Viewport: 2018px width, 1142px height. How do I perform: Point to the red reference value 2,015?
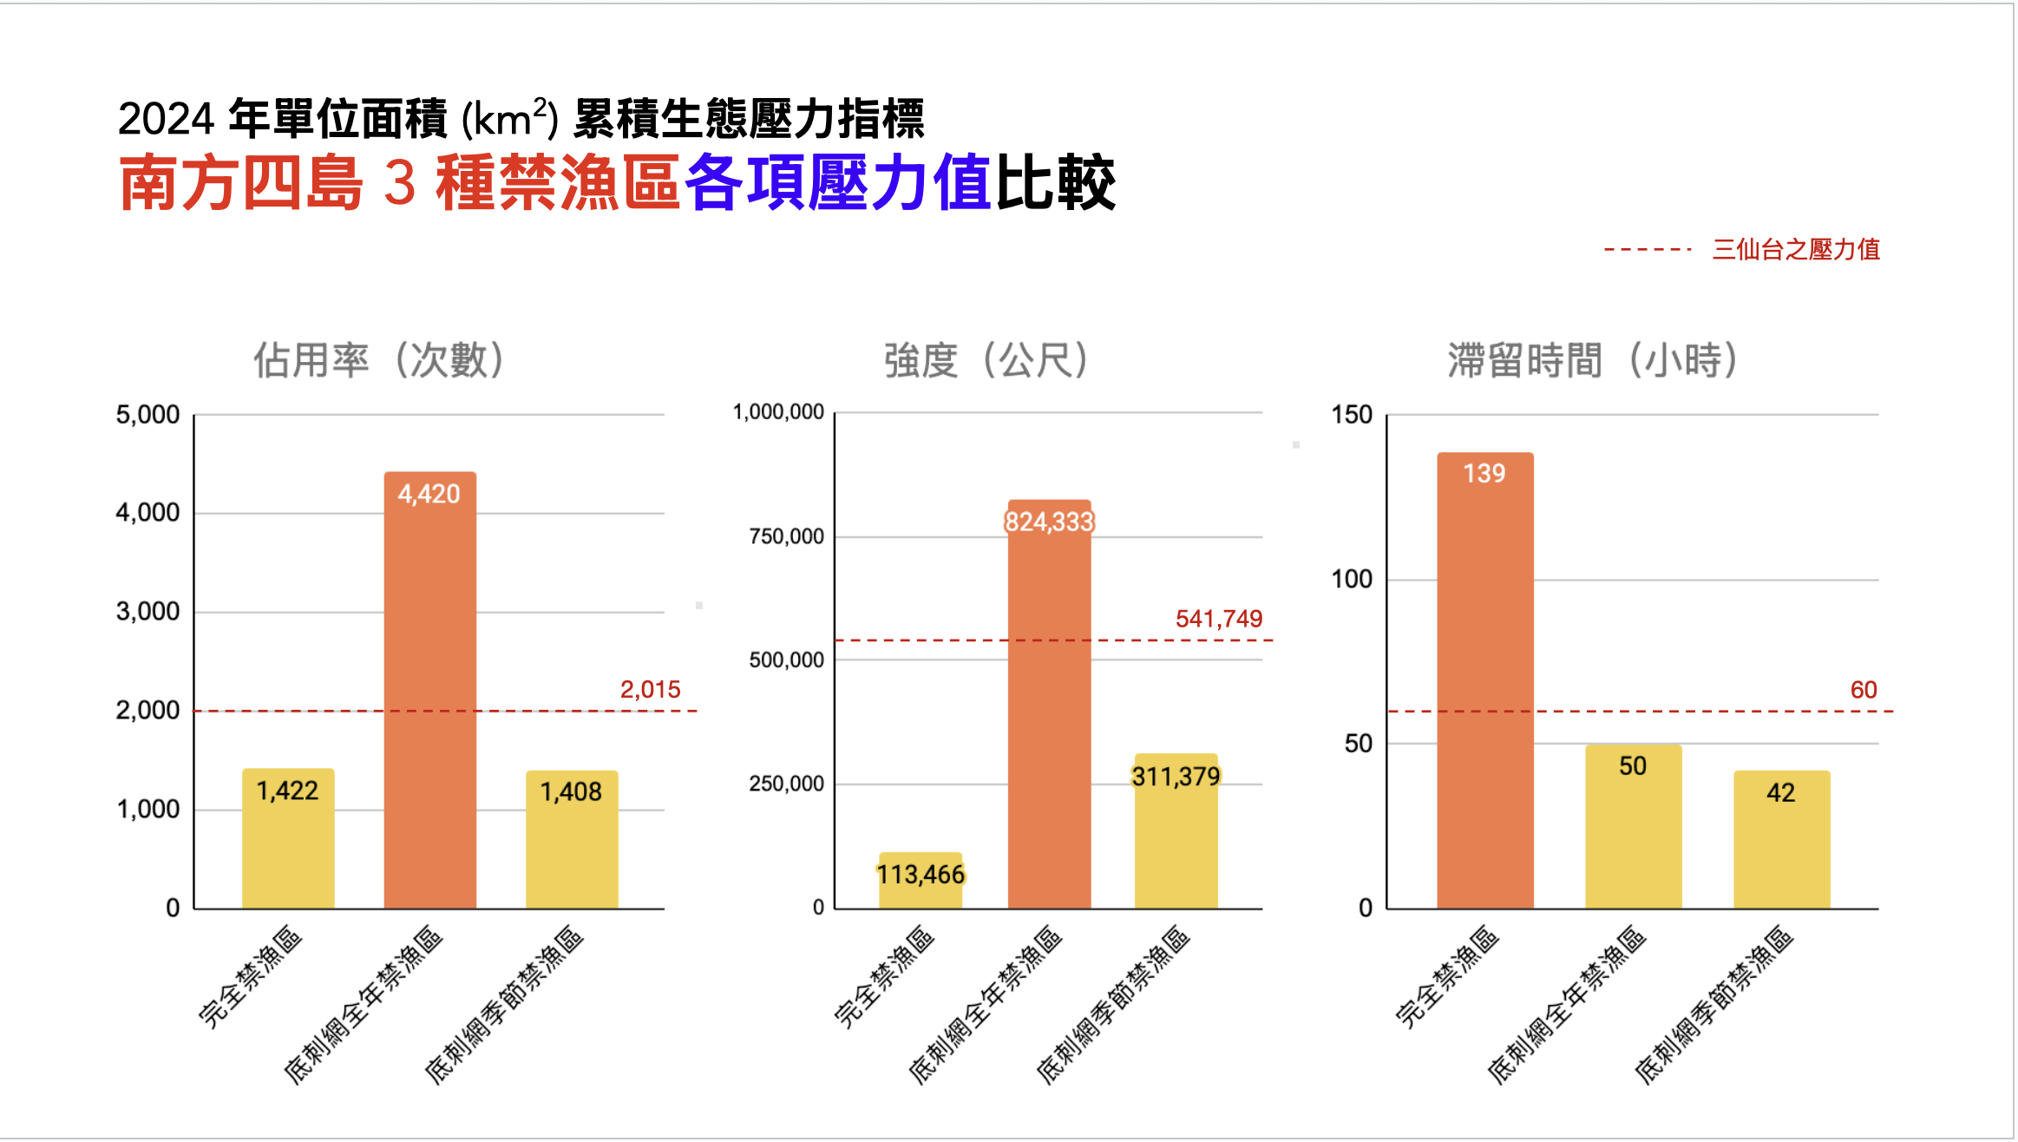(650, 690)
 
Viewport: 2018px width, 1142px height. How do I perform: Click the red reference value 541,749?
(1218, 619)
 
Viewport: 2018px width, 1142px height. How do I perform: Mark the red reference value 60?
(1863, 690)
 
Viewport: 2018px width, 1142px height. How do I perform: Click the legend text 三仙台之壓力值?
(1795, 250)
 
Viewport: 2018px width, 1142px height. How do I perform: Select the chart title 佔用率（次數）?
(379, 360)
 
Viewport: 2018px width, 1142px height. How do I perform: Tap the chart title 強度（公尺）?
(986, 360)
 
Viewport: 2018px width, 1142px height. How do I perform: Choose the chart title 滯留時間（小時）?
(1593, 360)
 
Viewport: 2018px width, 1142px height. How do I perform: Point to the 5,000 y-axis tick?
(147, 415)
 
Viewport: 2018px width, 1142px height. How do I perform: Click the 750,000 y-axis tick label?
(786, 536)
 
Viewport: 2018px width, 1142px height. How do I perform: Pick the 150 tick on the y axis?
(1351, 415)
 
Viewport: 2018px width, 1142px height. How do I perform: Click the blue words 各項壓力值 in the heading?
(837, 183)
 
